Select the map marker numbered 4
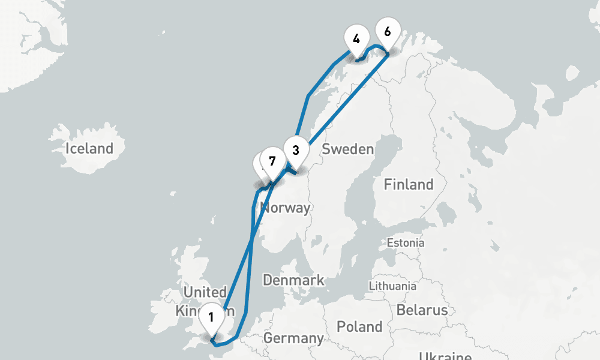coord(356,40)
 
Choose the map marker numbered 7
coord(272,161)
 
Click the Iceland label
coord(89,148)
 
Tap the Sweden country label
coord(347,149)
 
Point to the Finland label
coord(409,184)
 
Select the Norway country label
coord(286,208)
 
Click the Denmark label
coord(293,280)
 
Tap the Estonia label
coord(406,243)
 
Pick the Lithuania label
coord(392,286)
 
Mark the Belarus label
coord(422,310)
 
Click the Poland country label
coord(359,326)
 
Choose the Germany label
coord(293,338)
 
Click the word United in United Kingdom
coord(205,292)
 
